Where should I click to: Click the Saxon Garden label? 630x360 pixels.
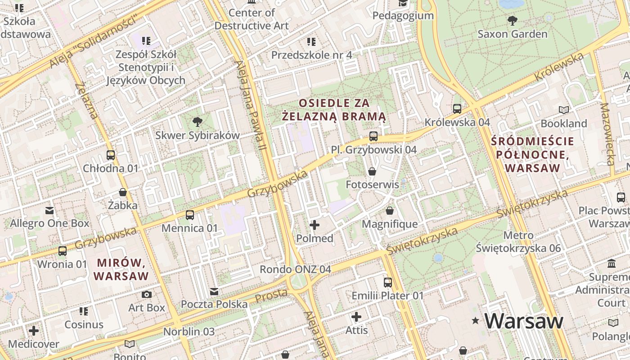click(512, 34)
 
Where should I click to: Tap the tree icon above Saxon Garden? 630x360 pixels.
click(512, 20)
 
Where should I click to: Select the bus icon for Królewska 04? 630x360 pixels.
click(457, 109)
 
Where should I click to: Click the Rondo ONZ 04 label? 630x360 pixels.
click(295, 269)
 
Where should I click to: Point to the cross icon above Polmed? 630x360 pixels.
click(315, 225)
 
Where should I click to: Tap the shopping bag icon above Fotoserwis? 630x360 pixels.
click(372, 171)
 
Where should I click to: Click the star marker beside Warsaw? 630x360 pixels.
click(475, 321)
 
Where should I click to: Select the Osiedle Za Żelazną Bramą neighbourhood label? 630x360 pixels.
click(334, 110)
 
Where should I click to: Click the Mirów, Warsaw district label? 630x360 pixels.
click(121, 269)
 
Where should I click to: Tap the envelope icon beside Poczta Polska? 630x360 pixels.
click(214, 292)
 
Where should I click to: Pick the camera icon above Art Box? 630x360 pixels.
click(147, 295)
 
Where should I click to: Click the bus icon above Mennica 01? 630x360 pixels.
click(190, 215)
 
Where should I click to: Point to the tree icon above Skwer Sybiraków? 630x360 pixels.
click(197, 121)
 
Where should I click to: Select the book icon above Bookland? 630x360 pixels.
click(563, 110)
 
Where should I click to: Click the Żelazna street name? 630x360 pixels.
click(86, 100)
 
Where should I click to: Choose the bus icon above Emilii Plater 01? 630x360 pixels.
click(388, 283)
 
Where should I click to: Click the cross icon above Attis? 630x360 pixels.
click(356, 317)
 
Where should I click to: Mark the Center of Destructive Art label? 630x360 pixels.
click(252, 19)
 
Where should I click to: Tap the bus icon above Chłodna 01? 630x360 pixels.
click(111, 155)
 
